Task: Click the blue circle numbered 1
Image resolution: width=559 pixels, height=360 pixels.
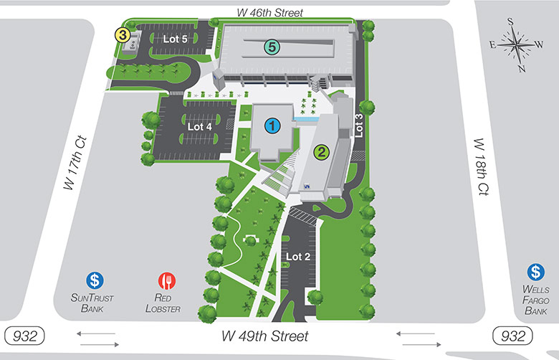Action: pos(272,126)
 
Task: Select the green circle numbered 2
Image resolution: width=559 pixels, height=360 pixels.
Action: pos(321,151)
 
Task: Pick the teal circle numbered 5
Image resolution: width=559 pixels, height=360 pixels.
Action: pos(271,47)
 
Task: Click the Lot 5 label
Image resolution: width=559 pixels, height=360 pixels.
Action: pos(175,39)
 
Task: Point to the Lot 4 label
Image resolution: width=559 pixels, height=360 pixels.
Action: pos(200,125)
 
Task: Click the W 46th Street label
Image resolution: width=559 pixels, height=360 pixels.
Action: pos(270,13)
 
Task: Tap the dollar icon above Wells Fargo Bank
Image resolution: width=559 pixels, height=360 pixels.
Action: pos(536,273)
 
